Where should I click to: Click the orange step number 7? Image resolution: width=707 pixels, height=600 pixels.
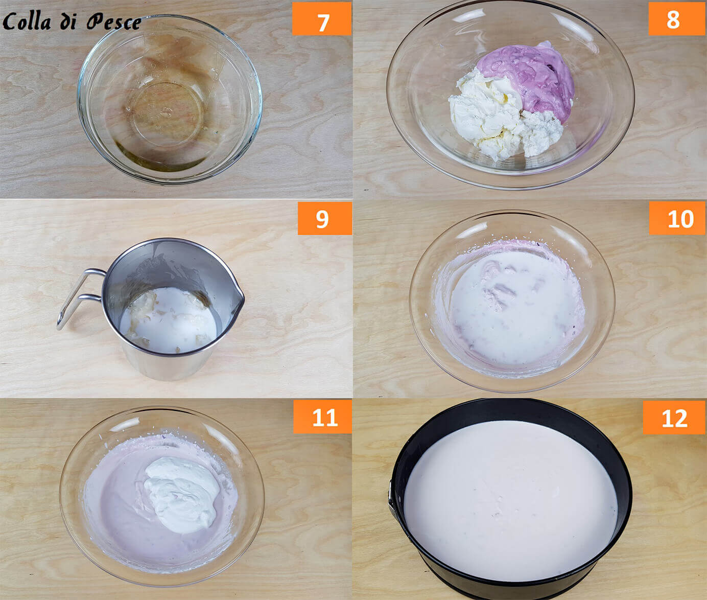[x=321, y=19]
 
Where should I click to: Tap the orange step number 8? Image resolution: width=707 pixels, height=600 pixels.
[x=673, y=19]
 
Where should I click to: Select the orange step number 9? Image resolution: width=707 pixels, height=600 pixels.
[x=324, y=218]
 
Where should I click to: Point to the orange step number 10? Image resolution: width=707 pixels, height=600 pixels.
[x=677, y=218]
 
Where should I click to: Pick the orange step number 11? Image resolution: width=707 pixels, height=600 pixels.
[x=322, y=417]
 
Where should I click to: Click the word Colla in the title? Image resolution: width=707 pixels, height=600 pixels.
[x=27, y=21]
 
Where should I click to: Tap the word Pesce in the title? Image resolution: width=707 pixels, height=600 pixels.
[x=113, y=22]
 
